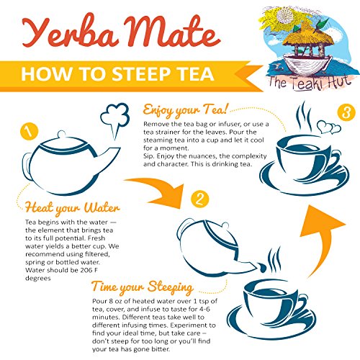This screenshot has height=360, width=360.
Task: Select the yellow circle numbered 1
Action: point(30,131)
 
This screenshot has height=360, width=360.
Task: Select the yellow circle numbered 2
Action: point(200,199)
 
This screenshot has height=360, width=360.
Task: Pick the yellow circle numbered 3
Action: point(346,112)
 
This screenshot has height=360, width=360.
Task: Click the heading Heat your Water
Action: point(72,208)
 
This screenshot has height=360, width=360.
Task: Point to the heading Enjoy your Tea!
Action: point(185,110)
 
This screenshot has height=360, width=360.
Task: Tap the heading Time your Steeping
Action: point(143,287)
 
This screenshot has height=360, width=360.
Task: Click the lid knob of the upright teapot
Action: point(62,134)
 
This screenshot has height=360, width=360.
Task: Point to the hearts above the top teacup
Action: point(329,127)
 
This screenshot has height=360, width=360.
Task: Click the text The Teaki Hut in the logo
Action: point(310,83)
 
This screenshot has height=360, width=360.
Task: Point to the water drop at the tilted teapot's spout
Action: point(262,267)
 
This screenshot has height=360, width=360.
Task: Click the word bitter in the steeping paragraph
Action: point(161,349)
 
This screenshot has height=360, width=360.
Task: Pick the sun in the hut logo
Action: point(285,16)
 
